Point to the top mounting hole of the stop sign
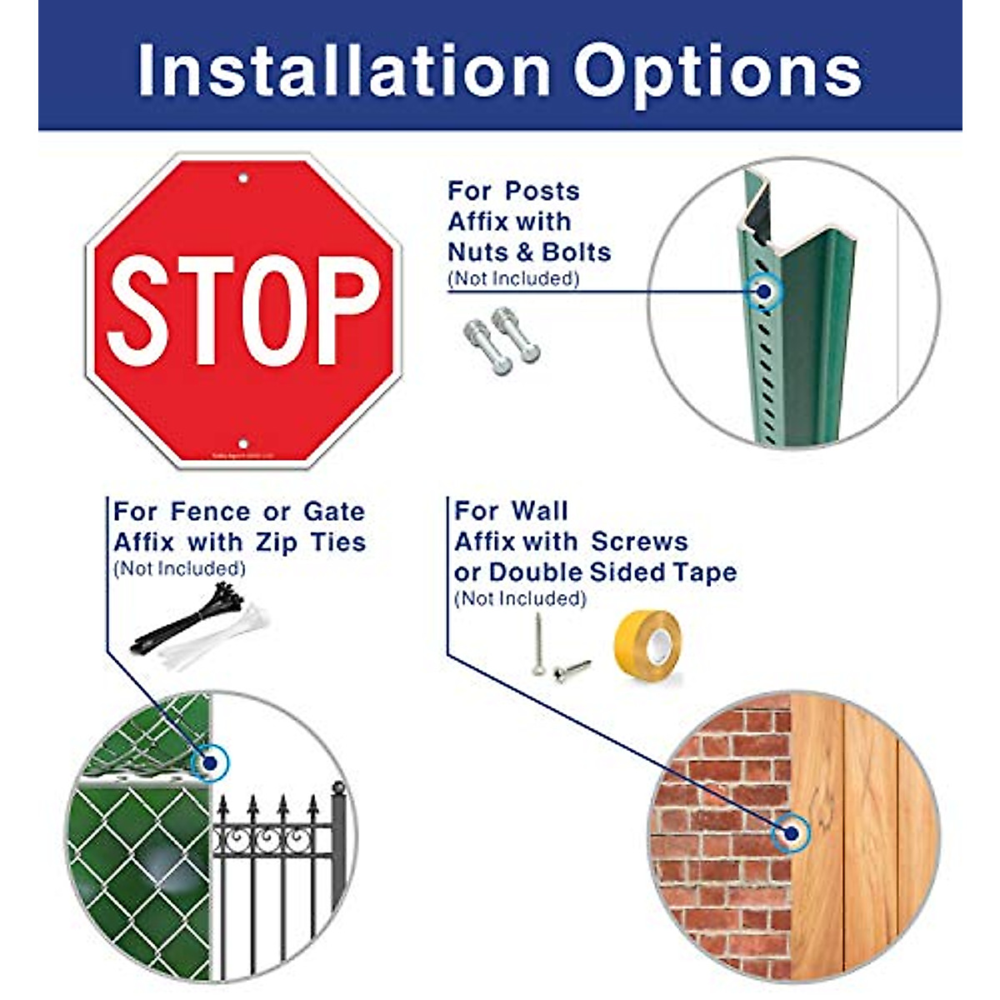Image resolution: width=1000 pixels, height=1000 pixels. [x=243, y=178]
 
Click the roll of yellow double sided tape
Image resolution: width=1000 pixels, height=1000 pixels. [x=648, y=649]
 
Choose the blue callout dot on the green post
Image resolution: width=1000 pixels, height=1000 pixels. [x=762, y=291]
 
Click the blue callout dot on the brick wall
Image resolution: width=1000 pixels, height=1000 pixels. [x=791, y=832]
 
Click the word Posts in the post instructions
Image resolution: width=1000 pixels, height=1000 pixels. [x=547, y=191]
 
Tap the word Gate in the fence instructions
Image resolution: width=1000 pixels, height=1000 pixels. [x=333, y=512]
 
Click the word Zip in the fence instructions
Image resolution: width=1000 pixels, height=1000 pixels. [x=277, y=542]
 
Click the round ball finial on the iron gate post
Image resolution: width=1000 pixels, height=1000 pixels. [x=338, y=788]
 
